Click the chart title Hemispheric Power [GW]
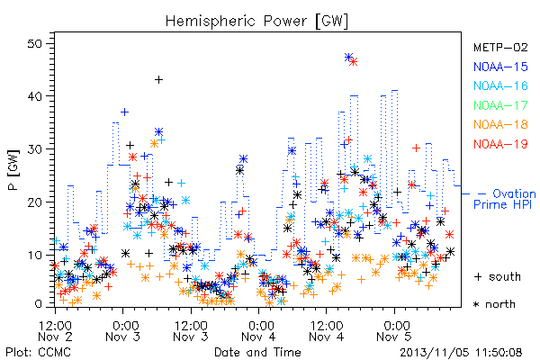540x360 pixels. click(256, 21)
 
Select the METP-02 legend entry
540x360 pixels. click(500, 47)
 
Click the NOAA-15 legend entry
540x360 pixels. click(500, 67)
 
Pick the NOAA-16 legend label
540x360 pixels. click(500, 85)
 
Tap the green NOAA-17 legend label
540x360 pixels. click(500, 105)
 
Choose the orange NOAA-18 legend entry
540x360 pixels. click(500, 124)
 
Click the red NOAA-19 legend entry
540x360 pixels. click(500, 144)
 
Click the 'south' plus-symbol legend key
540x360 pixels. click(478, 276)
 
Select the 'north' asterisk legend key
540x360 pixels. click(476, 304)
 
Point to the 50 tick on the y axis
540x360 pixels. click(34, 44)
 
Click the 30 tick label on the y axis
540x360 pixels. click(34, 149)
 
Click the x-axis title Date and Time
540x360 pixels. click(257, 352)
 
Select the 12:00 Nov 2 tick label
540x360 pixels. click(55, 331)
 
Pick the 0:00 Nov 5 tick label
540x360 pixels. click(395, 331)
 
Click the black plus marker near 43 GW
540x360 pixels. click(158, 80)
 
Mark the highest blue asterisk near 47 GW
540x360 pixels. click(348, 58)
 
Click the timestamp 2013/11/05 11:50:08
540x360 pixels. click(461, 353)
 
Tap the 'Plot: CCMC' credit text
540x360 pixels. click(38, 353)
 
